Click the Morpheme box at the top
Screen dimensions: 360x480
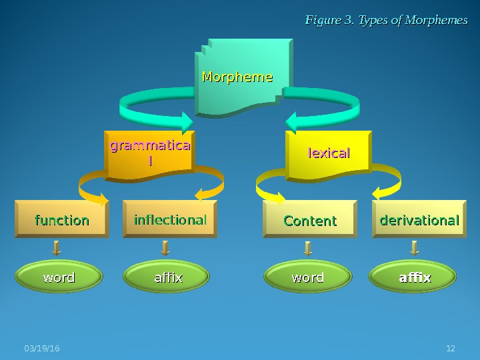[x=243, y=77]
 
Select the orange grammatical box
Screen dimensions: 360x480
[x=150, y=153]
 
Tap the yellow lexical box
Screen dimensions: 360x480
[x=328, y=154]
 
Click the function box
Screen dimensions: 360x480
[x=62, y=220]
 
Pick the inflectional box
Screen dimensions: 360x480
[x=170, y=220]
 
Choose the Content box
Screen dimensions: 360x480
[x=310, y=221]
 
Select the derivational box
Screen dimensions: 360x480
[x=419, y=220]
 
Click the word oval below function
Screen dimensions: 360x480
[x=59, y=277]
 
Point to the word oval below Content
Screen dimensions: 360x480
[x=308, y=277]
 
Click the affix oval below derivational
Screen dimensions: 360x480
[x=414, y=277]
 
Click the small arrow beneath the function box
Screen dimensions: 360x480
[x=57, y=249]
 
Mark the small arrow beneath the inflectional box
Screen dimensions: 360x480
[x=165, y=249]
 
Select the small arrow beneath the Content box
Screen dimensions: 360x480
[x=307, y=249]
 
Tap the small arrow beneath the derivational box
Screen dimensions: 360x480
[x=414, y=249]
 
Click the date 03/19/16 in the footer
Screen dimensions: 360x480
[x=41, y=349]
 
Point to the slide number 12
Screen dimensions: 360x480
[x=450, y=349]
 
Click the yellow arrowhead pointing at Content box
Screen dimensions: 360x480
[x=278, y=197]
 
